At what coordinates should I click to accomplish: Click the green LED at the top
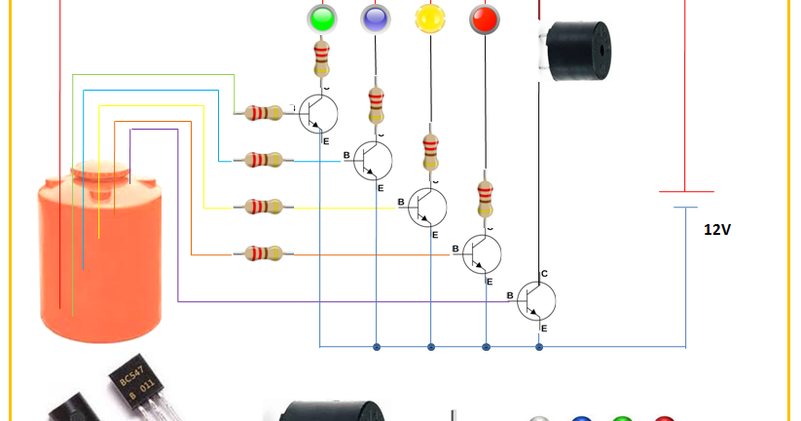click(321, 18)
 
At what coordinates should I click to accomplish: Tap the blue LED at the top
click(375, 18)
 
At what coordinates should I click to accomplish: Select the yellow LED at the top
click(428, 18)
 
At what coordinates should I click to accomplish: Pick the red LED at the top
click(483, 18)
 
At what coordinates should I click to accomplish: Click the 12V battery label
click(717, 230)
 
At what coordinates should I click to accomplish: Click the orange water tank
click(102, 258)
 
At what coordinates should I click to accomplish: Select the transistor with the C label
click(536, 299)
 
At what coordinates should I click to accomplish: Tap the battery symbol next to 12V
click(687, 199)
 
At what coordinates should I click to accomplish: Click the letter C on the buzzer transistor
click(544, 274)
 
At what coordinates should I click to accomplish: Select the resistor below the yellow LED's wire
click(429, 153)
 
